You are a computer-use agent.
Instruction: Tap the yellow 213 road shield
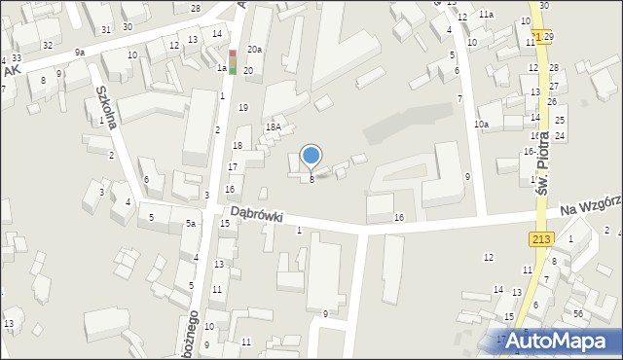543,239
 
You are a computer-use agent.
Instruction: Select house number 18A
274,126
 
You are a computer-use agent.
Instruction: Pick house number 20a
254,49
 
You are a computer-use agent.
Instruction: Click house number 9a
79,52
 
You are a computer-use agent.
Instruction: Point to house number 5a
192,224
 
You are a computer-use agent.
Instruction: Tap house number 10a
481,125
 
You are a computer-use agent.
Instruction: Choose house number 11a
485,15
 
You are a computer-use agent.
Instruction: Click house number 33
17,58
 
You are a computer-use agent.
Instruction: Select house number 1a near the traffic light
222,68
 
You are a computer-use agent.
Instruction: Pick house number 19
243,107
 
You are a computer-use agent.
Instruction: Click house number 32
47,46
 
